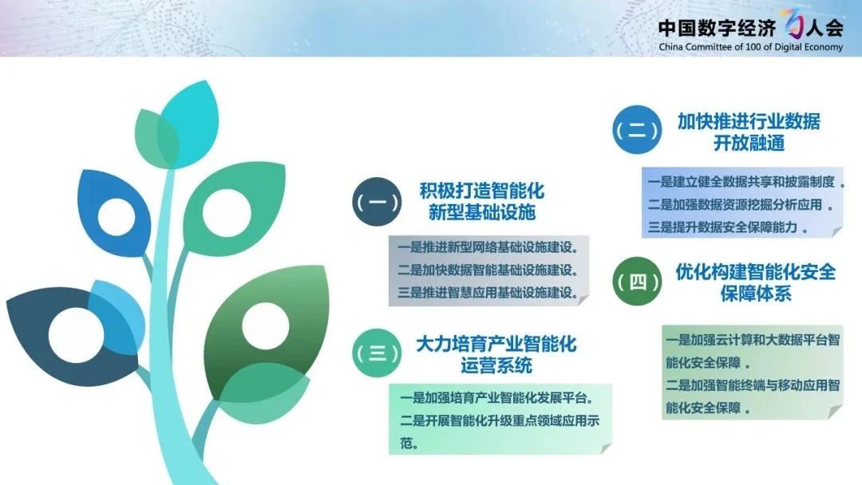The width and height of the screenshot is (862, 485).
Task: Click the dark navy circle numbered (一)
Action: point(377,202)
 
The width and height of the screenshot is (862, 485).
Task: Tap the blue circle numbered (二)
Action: point(637,130)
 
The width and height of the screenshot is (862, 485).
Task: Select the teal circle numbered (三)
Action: point(377,353)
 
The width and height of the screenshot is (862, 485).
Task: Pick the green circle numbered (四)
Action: point(637,282)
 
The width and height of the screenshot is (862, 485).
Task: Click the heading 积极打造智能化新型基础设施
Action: point(481,201)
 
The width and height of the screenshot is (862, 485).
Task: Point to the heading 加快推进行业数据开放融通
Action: point(749,132)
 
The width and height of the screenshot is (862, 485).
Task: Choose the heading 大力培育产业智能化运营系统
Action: point(496,354)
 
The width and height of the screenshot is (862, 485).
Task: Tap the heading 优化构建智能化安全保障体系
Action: point(755,282)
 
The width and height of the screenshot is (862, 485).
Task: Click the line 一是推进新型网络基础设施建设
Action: point(488,247)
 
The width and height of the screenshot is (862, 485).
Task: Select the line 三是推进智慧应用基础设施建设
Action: point(488,293)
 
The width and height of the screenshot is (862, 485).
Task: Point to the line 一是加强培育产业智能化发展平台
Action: point(497,398)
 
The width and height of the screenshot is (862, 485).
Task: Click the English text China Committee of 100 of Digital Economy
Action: point(750,47)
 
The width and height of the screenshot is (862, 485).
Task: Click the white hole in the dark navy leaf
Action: point(76,335)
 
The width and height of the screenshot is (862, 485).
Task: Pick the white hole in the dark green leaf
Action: point(266,325)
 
